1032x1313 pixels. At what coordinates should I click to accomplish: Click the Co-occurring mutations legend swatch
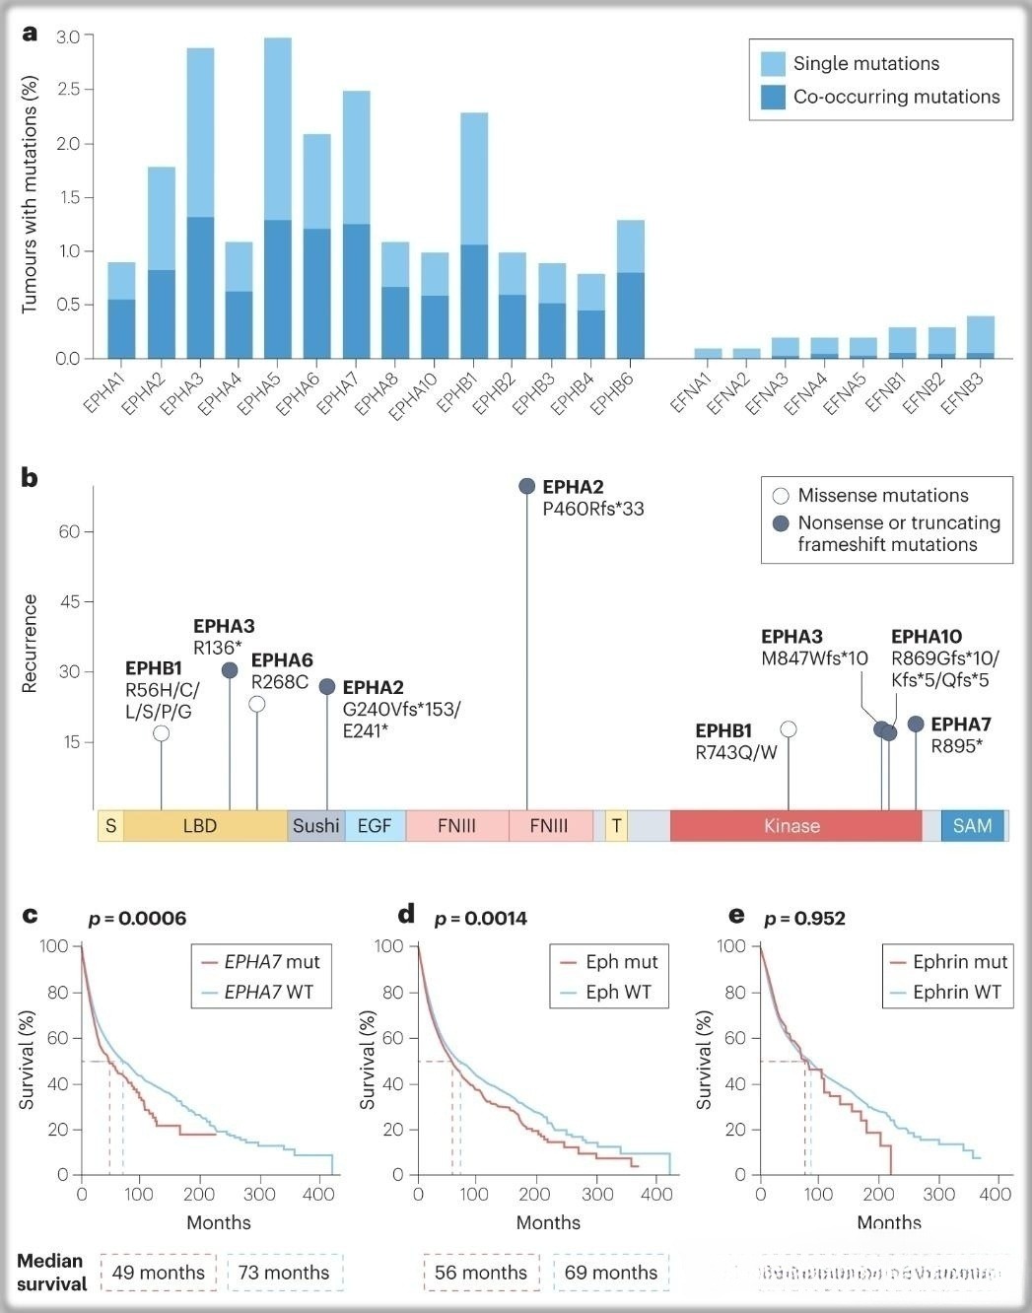[x=774, y=97]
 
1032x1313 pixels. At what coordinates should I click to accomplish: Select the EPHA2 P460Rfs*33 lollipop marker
[x=527, y=486]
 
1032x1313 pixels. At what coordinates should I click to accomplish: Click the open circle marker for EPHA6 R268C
[x=257, y=704]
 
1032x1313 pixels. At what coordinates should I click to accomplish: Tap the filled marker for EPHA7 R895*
[x=916, y=725]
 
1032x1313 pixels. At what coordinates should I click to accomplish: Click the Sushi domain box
[x=315, y=826]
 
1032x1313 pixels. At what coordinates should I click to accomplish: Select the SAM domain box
[x=972, y=826]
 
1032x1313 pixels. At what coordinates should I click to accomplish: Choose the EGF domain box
[x=375, y=826]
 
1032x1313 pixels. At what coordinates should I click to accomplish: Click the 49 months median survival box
[x=159, y=1273]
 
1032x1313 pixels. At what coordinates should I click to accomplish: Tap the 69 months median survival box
[x=611, y=1273]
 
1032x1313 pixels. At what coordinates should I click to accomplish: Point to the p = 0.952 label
[x=804, y=918]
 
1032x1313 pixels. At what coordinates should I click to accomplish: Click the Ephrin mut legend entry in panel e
[x=947, y=962]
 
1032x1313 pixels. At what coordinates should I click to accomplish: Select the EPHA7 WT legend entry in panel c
[x=260, y=993]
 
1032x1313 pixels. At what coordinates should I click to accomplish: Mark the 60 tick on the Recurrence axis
[x=70, y=531]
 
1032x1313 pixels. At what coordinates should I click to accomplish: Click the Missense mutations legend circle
[x=781, y=496]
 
